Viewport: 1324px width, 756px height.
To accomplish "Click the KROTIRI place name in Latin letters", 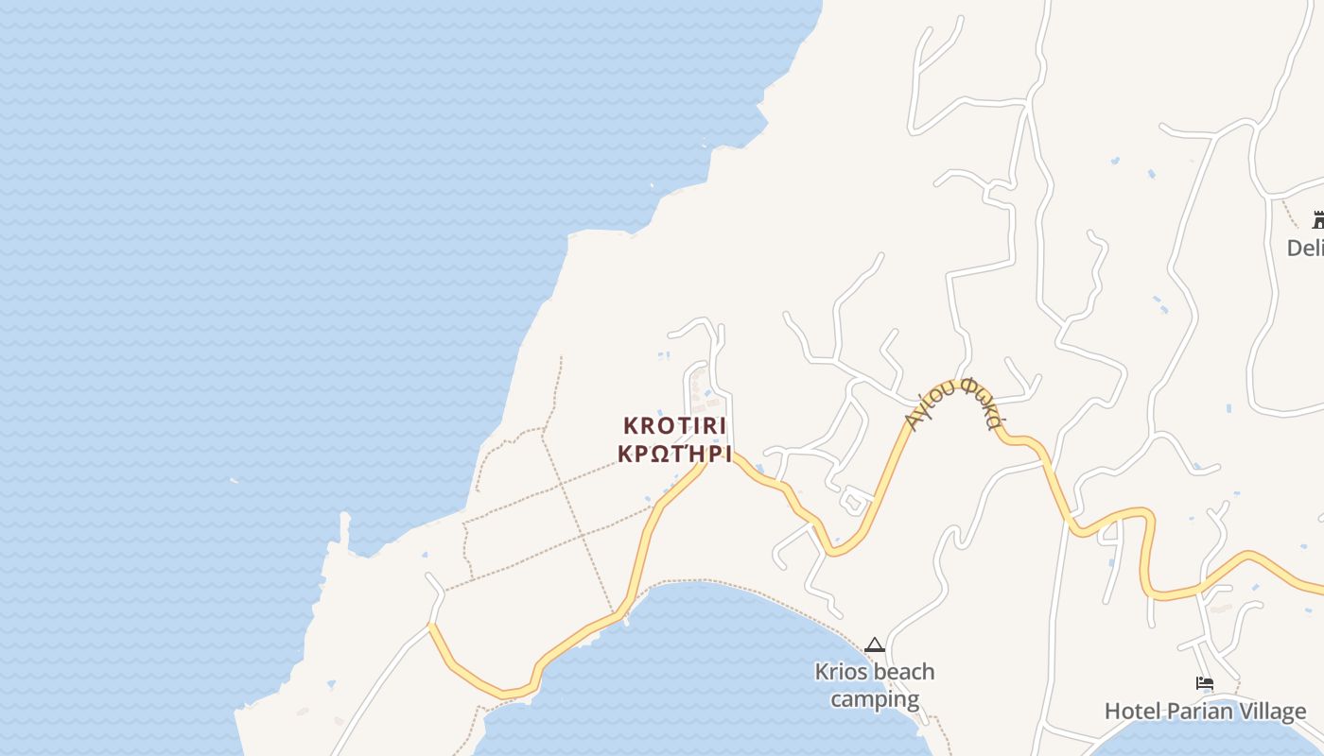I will pyautogui.click(x=675, y=426).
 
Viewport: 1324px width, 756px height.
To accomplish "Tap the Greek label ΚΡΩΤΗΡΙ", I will pyautogui.click(x=675, y=454).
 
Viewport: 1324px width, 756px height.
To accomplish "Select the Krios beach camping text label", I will pyautogui.click(x=875, y=686).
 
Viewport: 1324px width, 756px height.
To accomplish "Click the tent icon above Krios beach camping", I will pyautogui.click(x=875, y=645).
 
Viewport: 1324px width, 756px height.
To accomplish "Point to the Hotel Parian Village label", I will pyautogui.click(x=1205, y=712).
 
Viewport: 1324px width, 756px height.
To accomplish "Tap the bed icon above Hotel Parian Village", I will pyautogui.click(x=1204, y=682).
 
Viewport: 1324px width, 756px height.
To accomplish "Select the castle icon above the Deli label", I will pyautogui.click(x=1318, y=220).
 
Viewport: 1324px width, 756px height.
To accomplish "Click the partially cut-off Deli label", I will pyautogui.click(x=1305, y=248).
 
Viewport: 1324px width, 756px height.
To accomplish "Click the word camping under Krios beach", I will pyautogui.click(x=875, y=699).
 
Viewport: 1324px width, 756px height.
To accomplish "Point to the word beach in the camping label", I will pyautogui.click(x=901, y=672).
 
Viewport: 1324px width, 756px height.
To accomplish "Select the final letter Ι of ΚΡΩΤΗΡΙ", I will pyautogui.click(x=727, y=454).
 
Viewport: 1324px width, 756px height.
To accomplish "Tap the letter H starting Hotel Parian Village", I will pyautogui.click(x=1112, y=712).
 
